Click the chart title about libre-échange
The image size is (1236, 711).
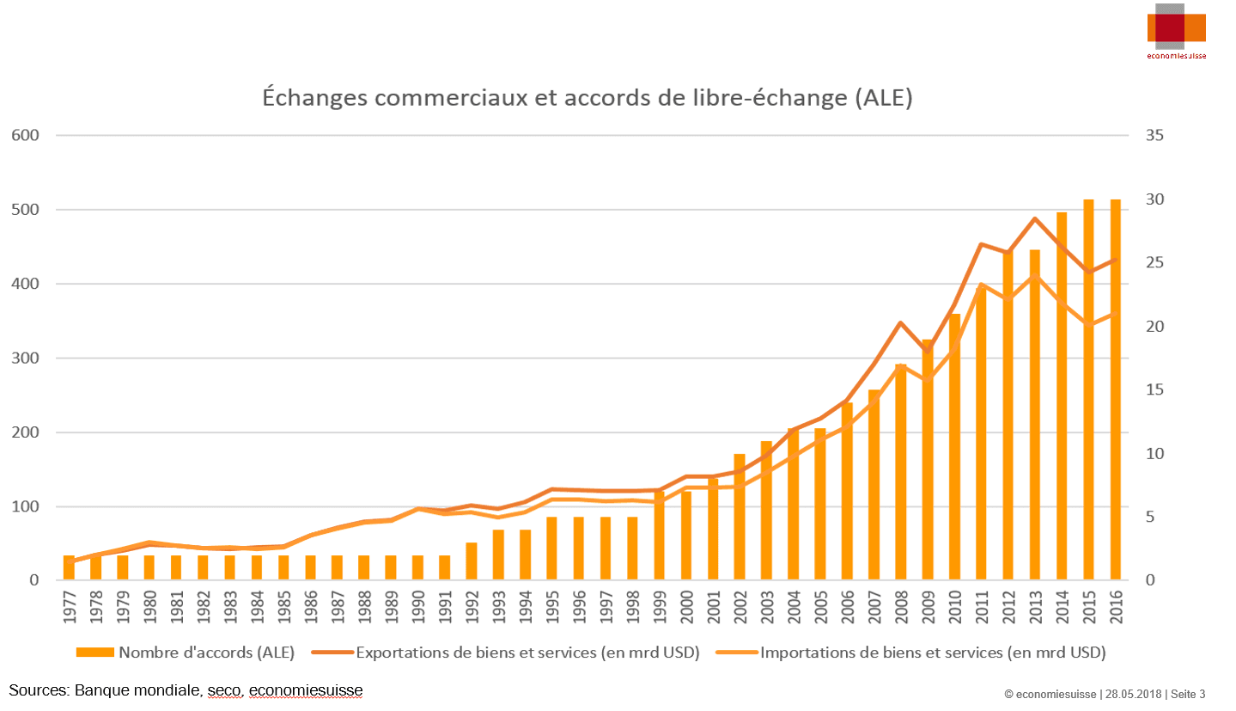coord(587,97)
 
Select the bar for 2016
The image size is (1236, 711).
coord(1116,391)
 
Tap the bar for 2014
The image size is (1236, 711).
coord(1062,395)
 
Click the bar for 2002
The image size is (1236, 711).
coord(740,517)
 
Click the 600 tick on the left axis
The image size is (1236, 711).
coord(24,135)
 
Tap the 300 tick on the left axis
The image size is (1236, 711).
coord(24,358)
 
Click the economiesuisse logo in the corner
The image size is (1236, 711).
coord(1176,31)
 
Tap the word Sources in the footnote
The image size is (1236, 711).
coord(38,690)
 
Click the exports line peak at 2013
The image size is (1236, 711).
coord(1035,218)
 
